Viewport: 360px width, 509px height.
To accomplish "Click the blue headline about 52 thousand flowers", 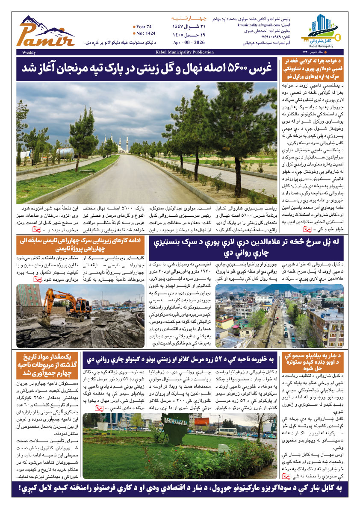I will pyautogui.click(x=179, y=359).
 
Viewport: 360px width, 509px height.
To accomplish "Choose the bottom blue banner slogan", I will pyautogui.click(x=180, y=488).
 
